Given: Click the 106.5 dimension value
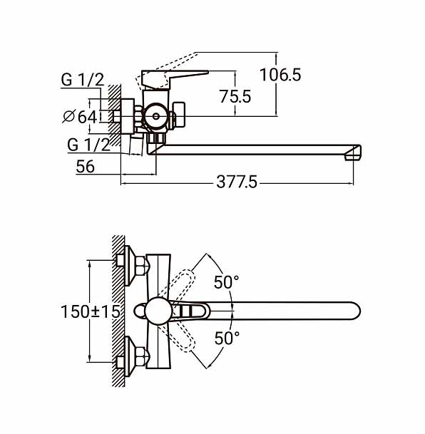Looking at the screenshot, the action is pyautogui.click(x=280, y=75).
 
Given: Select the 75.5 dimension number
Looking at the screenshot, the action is pyautogui.click(x=235, y=97).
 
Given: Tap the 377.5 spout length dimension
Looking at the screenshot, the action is pyautogui.click(x=237, y=182).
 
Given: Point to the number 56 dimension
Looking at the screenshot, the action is pyautogui.click(x=86, y=166).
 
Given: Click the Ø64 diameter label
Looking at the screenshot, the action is pyautogui.click(x=80, y=117).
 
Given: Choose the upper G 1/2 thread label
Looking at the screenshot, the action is pyautogui.click(x=83, y=80).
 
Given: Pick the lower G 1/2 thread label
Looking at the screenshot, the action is pyautogui.click(x=88, y=145).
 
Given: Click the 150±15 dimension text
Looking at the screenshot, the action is pyautogui.click(x=91, y=311).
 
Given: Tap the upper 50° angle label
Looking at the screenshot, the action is pyautogui.click(x=226, y=282).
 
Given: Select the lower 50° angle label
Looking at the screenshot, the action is pyautogui.click(x=227, y=338).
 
